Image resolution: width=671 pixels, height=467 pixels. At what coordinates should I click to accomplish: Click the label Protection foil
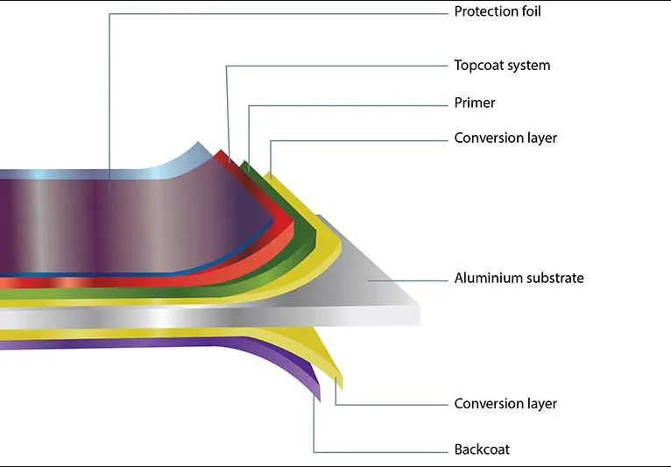(x=497, y=12)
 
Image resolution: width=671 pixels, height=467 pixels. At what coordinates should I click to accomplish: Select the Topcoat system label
(x=502, y=66)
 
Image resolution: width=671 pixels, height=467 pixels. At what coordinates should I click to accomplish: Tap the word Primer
(x=475, y=103)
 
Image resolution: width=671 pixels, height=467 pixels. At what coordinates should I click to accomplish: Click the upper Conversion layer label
(x=505, y=138)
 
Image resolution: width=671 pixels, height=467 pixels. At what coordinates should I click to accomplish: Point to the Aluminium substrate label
(x=519, y=279)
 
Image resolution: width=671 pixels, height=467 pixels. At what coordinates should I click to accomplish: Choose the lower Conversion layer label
(x=505, y=404)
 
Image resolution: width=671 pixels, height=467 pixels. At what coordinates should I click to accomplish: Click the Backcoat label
(x=482, y=450)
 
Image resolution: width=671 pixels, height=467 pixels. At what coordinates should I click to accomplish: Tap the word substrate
(x=553, y=279)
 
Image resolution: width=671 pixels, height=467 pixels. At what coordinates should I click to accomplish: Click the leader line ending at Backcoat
(x=377, y=450)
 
